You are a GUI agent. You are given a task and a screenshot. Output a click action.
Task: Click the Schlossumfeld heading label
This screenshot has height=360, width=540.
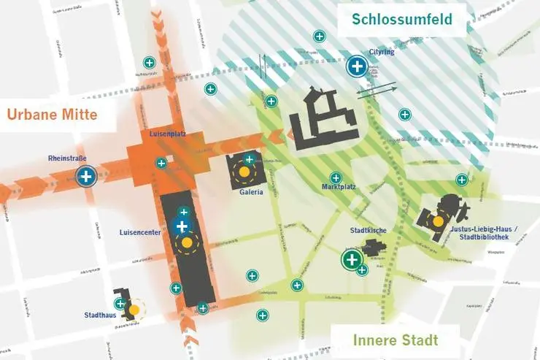click(x=401, y=18)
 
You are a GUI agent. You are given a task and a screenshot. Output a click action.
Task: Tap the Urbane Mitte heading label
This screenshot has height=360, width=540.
click(x=53, y=115)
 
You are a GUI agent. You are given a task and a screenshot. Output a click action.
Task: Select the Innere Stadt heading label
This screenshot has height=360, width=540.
click(x=396, y=340)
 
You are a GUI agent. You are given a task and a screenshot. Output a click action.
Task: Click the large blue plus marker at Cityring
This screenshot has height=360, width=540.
click(x=357, y=67)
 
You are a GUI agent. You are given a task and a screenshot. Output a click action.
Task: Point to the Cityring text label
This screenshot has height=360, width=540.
click(x=382, y=52)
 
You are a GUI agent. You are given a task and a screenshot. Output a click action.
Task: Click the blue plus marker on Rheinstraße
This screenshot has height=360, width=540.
click(x=86, y=176)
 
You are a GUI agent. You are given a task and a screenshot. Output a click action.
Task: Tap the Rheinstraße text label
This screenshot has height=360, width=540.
click(x=68, y=158)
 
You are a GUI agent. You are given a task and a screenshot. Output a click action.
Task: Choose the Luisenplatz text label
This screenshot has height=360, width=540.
click(x=163, y=134)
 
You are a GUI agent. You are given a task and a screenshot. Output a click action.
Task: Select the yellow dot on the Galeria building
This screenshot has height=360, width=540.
click(x=242, y=173)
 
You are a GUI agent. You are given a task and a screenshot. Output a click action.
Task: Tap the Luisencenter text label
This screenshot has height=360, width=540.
click(x=141, y=233)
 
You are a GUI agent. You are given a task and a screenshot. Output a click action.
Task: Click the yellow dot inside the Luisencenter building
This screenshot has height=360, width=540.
click(x=187, y=242)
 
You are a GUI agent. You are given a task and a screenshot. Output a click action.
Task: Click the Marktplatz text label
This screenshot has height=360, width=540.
click(x=339, y=187)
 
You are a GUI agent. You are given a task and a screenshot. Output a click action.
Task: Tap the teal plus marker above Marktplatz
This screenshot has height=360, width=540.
click(x=336, y=177)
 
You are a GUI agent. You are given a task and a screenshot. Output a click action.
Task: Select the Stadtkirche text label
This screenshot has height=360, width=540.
click(x=368, y=231)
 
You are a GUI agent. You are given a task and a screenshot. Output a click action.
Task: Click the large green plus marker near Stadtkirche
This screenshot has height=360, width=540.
click(x=352, y=258)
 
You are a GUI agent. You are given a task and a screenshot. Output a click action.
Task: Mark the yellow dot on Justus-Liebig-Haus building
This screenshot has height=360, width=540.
click(x=438, y=221)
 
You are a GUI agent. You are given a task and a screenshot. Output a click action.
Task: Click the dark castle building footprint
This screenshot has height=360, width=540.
click(x=323, y=118)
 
